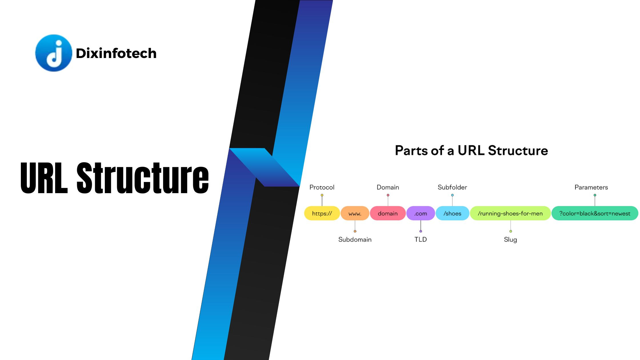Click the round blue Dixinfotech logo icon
[x=53, y=53]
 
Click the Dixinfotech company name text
[x=116, y=53]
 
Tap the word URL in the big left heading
[x=44, y=178]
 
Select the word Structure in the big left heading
[x=143, y=178]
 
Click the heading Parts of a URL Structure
[x=471, y=151]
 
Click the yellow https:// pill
[x=322, y=213]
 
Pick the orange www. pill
[x=355, y=213]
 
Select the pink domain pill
[x=387, y=213]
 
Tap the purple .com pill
[x=421, y=213]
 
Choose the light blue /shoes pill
[x=452, y=213]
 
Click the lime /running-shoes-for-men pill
[x=510, y=213]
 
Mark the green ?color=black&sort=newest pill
[x=594, y=213]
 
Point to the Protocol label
[x=322, y=187]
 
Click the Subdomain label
[x=355, y=239]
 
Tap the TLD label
[x=421, y=239]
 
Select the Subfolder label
[x=452, y=187]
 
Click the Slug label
[x=510, y=239]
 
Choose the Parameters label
[x=591, y=187]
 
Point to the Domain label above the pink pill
[x=388, y=187]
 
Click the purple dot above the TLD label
[x=421, y=231]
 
